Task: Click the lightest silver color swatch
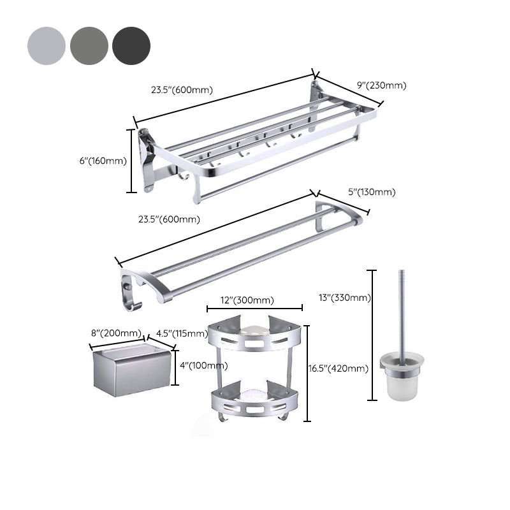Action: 47,46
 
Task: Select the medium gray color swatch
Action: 89,46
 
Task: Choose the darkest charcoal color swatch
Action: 131,46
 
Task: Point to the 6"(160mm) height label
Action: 103,161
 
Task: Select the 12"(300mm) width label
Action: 248,300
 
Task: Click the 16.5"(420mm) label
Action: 339,368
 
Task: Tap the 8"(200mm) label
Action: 116,333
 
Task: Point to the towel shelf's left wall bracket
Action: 147,159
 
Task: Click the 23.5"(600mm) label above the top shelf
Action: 182,90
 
